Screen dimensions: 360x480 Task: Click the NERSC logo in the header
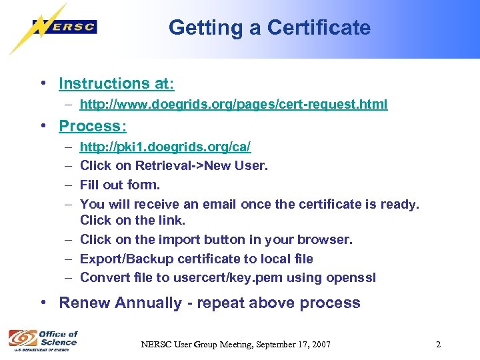click(64, 27)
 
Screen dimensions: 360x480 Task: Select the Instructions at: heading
click(117, 83)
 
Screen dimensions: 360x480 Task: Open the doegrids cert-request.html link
click(233, 105)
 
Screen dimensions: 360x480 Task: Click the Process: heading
click(93, 126)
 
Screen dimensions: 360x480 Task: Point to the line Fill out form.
click(120, 185)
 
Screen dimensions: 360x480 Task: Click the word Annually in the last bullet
click(147, 303)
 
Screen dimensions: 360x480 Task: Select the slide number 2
click(438, 345)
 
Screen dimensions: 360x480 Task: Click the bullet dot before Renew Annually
click(43, 303)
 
